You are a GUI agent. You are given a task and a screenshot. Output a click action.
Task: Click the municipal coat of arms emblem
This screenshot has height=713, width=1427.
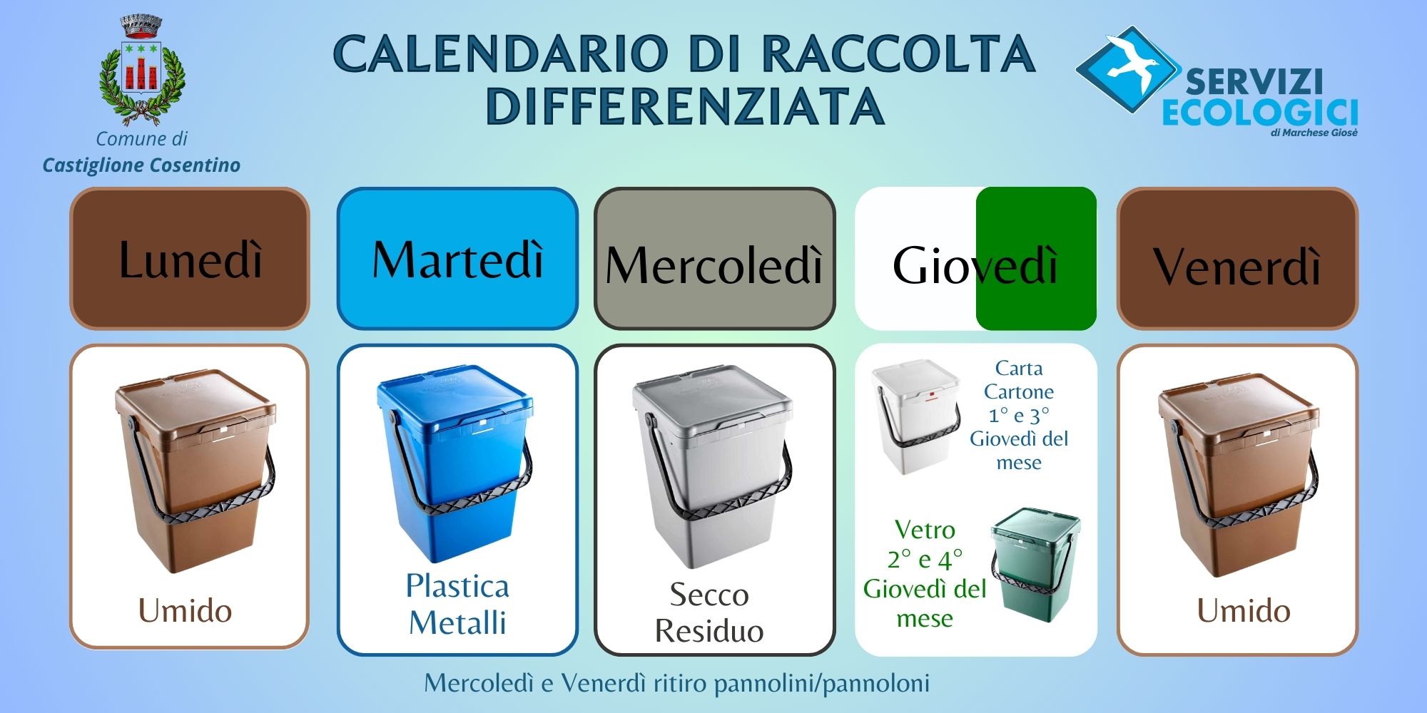pyautogui.click(x=142, y=70)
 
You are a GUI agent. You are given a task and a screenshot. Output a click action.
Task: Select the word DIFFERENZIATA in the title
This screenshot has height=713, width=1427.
pyautogui.click(x=685, y=106)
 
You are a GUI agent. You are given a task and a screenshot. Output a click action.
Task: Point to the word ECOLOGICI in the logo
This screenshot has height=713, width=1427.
pyautogui.click(x=1259, y=112)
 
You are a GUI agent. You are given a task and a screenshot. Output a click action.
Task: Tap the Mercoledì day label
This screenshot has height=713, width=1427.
pyautogui.click(x=714, y=265)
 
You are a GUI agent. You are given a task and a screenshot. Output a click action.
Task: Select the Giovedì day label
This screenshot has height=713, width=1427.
pyautogui.click(x=975, y=265)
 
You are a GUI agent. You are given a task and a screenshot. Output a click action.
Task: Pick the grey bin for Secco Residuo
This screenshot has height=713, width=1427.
pyautogui.click(x=712, y=467)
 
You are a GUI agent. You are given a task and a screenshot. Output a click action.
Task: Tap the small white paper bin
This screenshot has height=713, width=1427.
pyautogui.click(x=915, y=416)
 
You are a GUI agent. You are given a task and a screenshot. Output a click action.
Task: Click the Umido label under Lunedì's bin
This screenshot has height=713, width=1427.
pyautogui.click(x=185, y=611)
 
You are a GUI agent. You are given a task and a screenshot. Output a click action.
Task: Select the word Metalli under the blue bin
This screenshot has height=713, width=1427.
pyautogui.click(x=457, y=622)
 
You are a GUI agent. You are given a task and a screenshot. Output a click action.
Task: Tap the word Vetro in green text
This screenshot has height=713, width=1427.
pyautogui.click(x=925, y=530)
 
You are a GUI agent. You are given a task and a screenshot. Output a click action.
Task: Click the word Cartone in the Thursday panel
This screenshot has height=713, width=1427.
pyautogui.click(x=1019, y=392)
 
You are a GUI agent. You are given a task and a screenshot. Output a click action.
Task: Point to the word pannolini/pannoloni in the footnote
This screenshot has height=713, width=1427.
pyautogui.click(x=822, y=684)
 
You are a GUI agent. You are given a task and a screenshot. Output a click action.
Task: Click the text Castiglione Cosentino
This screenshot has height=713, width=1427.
pyautogui.click(x=141, y=165)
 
